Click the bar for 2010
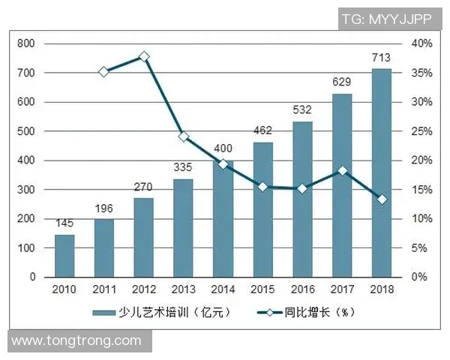pos(64,256)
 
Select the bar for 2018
pos(382,173)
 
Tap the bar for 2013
pos(184,228)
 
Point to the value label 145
pos(64,223)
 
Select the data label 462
pos(262,130)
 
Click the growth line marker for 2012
pos(144,56)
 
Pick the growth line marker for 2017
pos(342,170)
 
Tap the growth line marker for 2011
pos(104,71)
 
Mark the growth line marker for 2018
pos(382,199)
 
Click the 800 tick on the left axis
pos(27,43)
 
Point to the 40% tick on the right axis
pos(421,43)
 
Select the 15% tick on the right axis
pos(421,190)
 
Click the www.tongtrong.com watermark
pos(76,340)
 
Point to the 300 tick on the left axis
pos(27,190)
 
